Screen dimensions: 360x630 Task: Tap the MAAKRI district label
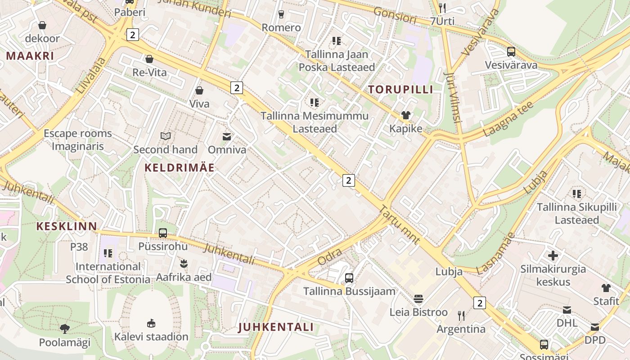click(x=30, y=56)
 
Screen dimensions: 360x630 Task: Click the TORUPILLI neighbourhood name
click(x=401, y=89)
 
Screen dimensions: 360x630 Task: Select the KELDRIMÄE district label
click(x=180, y=168)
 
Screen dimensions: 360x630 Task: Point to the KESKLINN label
click(x=67, y=226)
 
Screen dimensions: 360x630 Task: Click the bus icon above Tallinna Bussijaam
click(x=349, y=278)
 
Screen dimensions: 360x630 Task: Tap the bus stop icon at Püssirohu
click(x=163, y=233)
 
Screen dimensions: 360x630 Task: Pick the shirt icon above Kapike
click(x=406, y=115)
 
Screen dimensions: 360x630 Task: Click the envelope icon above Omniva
click(x=227, y=136)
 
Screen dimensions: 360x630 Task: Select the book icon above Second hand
click(x=166, y=136)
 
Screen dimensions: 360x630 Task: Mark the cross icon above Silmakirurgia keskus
click(x=553, y=256)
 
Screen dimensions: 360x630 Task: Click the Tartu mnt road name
click(x=400, y=225)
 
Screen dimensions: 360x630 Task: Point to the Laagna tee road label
click(x=508, y=119)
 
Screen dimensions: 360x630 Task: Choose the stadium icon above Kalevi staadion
click(x=151, y=323)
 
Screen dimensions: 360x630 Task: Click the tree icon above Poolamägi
click(x=65, y=328)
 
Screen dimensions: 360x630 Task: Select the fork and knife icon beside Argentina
click(x=461, y=315)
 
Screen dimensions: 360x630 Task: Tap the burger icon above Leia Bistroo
click(x=418, y=299)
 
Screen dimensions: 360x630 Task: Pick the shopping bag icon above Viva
click(x=199, y=90)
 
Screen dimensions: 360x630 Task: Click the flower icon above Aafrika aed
click(x=184, y=262)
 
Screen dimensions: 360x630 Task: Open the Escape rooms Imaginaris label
click(x=77, y=140)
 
